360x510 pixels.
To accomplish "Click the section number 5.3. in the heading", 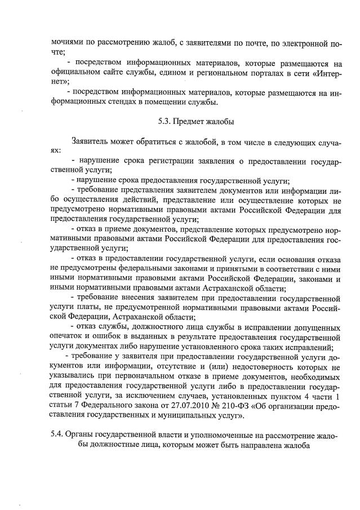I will [165, 121].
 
